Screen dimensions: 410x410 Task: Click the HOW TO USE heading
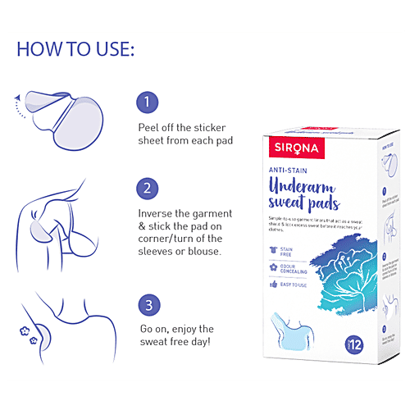[75, 48]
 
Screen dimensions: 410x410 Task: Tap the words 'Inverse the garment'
[184, 213]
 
